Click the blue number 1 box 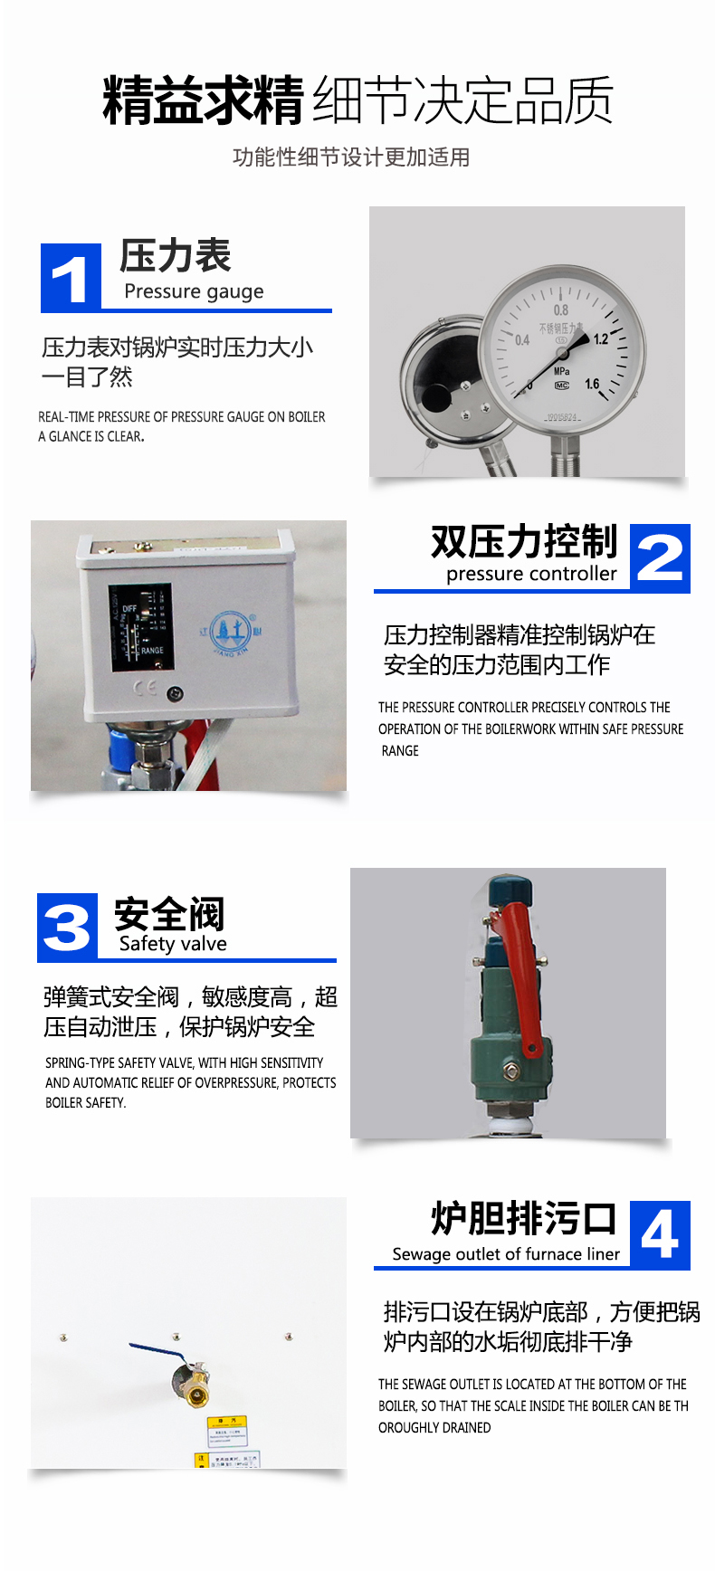pos(71,278)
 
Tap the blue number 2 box pos(660,558)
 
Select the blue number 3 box pos(67,928)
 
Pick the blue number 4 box pos(660,1234)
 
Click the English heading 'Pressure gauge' pos(194,291)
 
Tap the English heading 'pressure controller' pos(531,574)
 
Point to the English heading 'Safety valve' pos(173,944)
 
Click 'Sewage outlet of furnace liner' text pos(506,1254)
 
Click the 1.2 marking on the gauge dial pos(601,339)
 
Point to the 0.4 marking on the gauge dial pos(522,340)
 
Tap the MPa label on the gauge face pos(562,371)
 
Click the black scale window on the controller pos(140,626)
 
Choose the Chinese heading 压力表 pos(176,256)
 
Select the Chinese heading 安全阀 pos(169,914)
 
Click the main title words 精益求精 pos(203,100)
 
